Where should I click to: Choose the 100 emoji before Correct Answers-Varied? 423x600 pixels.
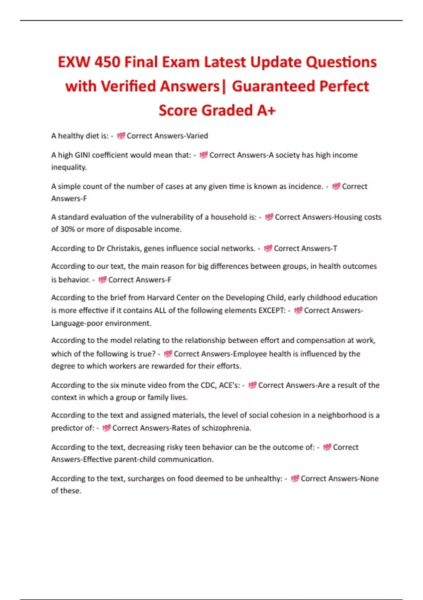121,136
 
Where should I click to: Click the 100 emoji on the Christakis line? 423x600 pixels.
268,248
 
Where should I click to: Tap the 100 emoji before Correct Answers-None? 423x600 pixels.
295,479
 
